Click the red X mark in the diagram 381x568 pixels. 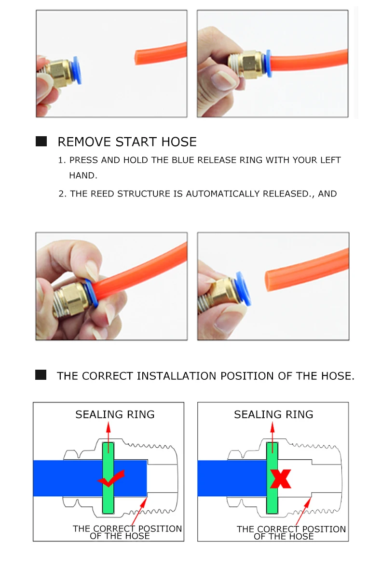point(281,478)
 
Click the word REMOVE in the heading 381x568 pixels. point(85,142)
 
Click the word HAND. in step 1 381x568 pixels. point(83,175)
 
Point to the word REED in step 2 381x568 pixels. point(103,194)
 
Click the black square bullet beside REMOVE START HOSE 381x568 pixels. point(41,141)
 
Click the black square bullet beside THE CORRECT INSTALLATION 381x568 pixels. point(41,374)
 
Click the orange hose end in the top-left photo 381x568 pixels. point(138,58)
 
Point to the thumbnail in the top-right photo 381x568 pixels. point(222,80)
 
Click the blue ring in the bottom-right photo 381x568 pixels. point(244,289)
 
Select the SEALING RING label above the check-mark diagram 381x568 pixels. point(115,414)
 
